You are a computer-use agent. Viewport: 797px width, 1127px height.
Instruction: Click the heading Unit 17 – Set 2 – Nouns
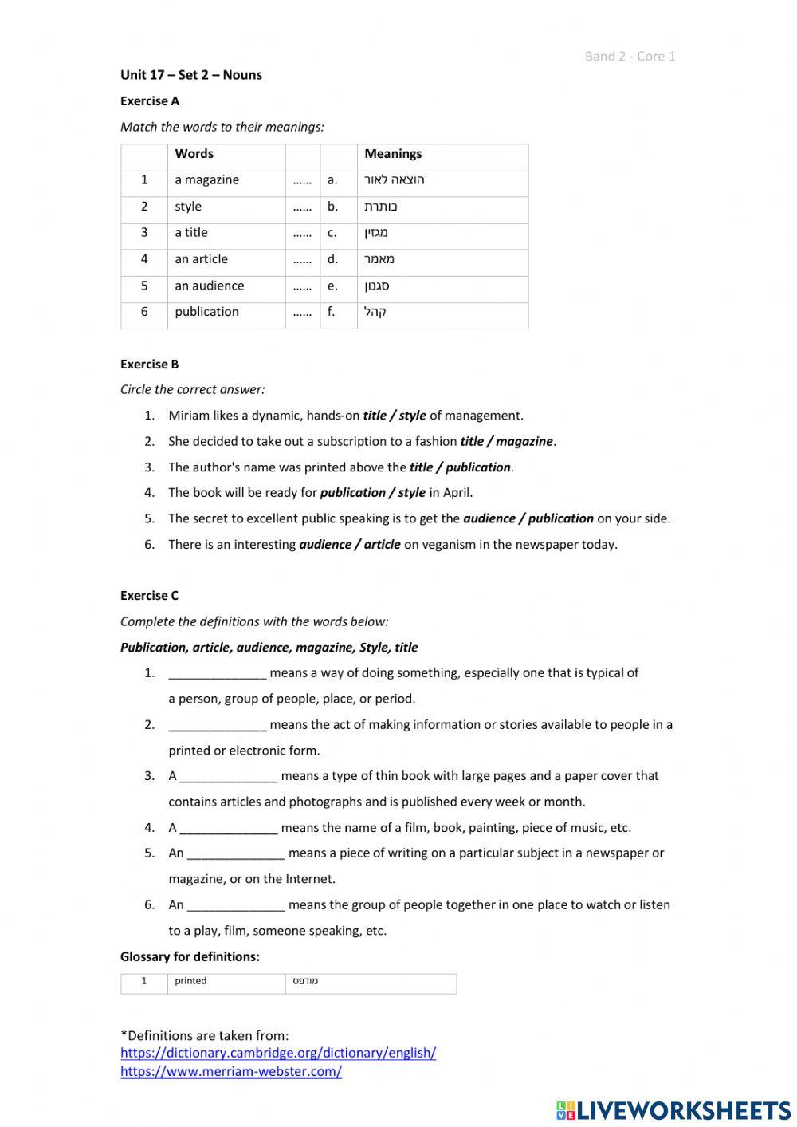[x=190, y=75]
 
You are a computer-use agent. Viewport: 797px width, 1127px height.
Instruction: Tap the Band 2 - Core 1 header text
[x=630, y=56]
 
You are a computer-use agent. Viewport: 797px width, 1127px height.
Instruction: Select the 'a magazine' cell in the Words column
[x=207, y=180]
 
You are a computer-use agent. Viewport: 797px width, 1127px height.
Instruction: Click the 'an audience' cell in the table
[x=210, y=286]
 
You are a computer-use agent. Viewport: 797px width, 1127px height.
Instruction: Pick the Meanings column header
[x=393, y=154]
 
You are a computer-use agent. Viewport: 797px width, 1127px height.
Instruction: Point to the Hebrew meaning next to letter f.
[x=375, y=312]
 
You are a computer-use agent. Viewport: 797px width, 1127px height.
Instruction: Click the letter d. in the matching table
[x=332, y=259]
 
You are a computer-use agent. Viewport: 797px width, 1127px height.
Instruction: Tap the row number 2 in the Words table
[x=144, y=207]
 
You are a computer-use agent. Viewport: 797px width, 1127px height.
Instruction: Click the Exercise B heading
[x=149, y=365]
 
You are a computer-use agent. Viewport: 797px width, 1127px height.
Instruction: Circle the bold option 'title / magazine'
[x=506, y=441]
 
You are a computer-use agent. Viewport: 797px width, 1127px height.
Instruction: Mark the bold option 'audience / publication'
[x=528, y=518]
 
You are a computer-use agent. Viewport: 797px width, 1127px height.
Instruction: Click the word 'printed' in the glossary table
[x=190, y=981]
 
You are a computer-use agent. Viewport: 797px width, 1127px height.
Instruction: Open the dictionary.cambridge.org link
[x=278, y=1053]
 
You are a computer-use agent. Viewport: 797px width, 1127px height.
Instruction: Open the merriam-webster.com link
[x=231, y=1072]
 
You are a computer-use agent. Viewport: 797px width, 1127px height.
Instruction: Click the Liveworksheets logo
[x=673, y=1110]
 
